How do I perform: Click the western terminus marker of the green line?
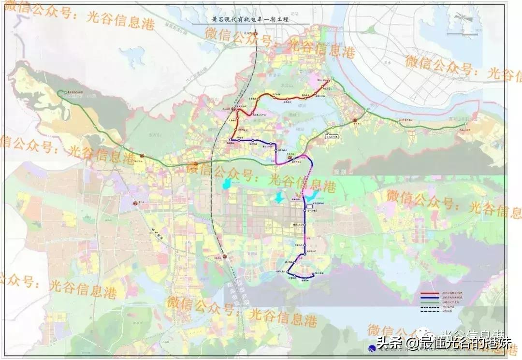pyautogui.click(x=59, y=92)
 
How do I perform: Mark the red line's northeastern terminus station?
pyautogui.click(x=329, y=81)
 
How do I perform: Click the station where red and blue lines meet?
pyautogui.click(x=231, y=140)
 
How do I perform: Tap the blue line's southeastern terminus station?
pyautogui.click(x=314, y=275)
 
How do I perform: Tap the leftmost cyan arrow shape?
pyautogui.click(x=225, y=184)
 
